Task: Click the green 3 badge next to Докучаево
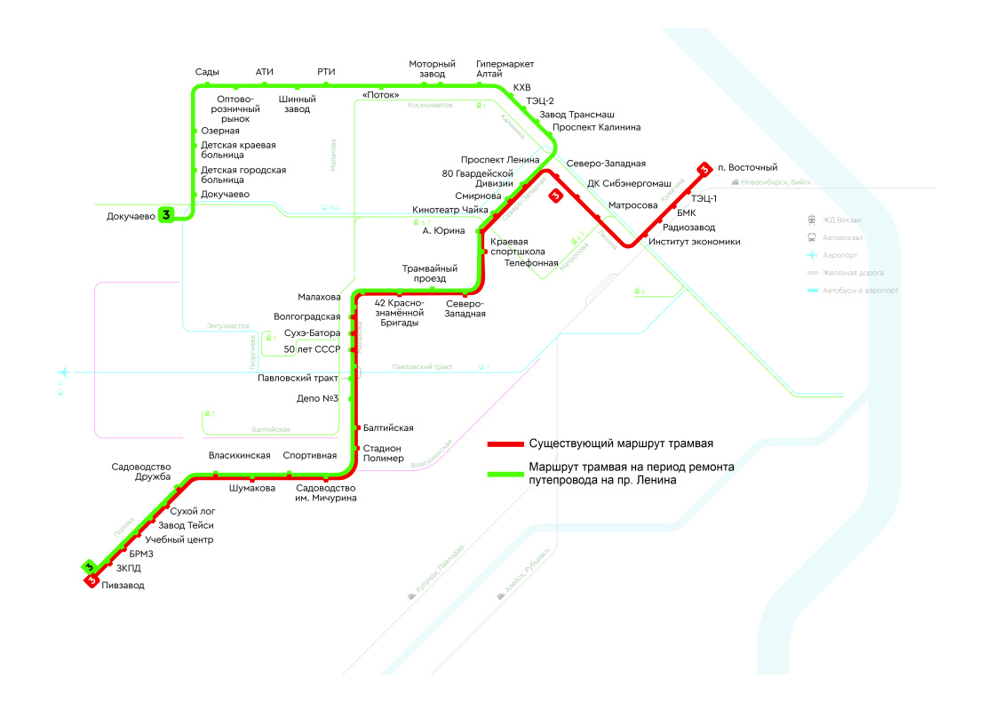click(165, 215)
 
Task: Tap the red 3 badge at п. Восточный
click(704, 168)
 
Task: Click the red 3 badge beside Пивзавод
click(91, 579)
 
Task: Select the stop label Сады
click(207, 72)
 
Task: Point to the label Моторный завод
click(432, 69)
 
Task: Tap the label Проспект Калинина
click(596, 127)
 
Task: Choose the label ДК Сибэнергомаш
click(629, 183)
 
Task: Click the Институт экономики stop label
click(694, 242)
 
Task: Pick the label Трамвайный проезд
click(430, 273)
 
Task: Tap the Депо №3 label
click(319, 398)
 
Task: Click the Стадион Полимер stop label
click(384, 453)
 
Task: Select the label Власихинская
click(239, 456)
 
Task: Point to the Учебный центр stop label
click(179, 539)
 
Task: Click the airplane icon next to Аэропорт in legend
click(812, 255)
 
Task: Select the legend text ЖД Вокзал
click(842, 220)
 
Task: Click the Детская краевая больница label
click(238, 150)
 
